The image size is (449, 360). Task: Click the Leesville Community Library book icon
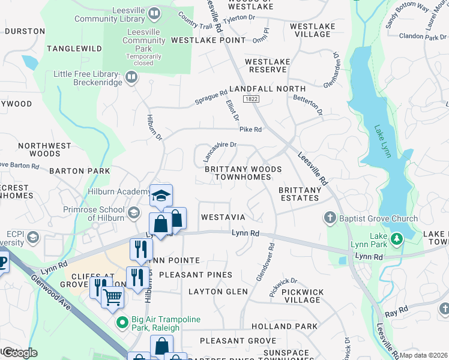pyautogui.click(x=154, y=13)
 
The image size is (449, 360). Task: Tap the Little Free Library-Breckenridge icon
pyautogui.click(x=131, y=76)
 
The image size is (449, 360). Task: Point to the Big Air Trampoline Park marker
pyautogui.click(x=122, y=323)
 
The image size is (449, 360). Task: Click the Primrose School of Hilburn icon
pyautogui.click(x=133, y=212)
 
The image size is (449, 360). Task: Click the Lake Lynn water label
pyautogui.click(x=382, y=142)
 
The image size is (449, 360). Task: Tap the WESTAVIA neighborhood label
pyautogui.click(x=223, y=217)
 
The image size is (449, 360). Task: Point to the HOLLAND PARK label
pyautogui.click(x=285, y=326)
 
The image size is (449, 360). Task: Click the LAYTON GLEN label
pyautogui.click(x=218, y=292)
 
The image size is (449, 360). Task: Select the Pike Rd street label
pyautogui.click(x=251, y=130)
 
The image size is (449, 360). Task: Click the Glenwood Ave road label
pyautogui.click(x=53, y=292)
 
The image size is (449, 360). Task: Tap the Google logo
pyautogui.click(x=19, y=353)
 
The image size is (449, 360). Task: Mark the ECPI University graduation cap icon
pyautogui.click(x=32, y=238)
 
